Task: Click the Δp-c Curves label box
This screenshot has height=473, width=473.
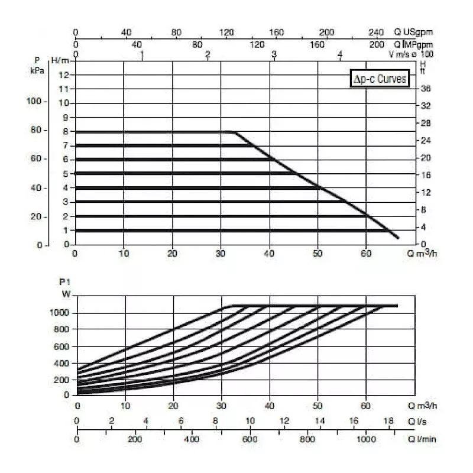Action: (x=379, y=79)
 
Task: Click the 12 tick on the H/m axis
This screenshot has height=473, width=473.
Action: (x=64, y=74)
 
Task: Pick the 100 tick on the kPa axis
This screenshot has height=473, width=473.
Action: (x=34, y=101)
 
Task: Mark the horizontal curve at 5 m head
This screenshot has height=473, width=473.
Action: (x=177, y=173)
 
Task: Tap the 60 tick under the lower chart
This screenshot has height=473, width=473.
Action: (x=366, y=406)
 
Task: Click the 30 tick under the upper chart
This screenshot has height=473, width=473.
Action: (x=221, y=255)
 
